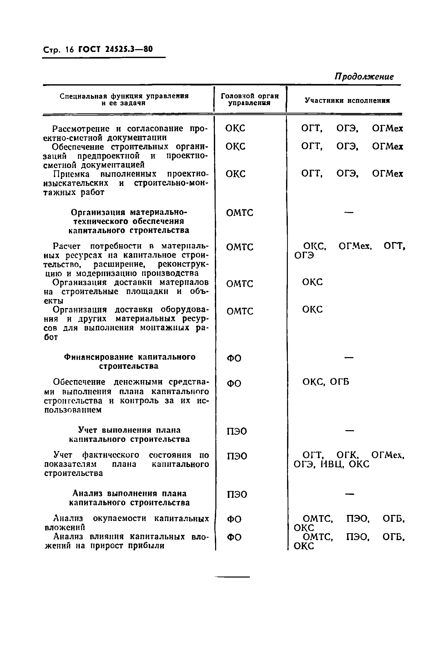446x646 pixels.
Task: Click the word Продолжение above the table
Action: click(x=364, y=76)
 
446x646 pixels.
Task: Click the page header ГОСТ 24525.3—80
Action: click(x=115, y=49)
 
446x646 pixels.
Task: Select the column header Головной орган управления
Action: click(x=249, y=99)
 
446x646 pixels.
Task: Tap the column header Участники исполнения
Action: click(x=347, y=100)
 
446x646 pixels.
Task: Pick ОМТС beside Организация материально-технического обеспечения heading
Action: click(x=240, y=213)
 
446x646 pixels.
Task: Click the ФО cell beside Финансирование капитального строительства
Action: click(x=234, y=358)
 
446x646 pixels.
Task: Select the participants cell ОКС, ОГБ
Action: click(x=325, y=382)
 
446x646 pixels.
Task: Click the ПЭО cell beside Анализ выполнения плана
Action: click(x=237, y=495)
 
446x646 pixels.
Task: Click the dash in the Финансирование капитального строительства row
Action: click(x=349, y=357)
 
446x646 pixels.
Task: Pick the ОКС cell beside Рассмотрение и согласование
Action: click(x=235, y=128)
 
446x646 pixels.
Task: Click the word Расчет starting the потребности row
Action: click(x=67, y=246)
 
